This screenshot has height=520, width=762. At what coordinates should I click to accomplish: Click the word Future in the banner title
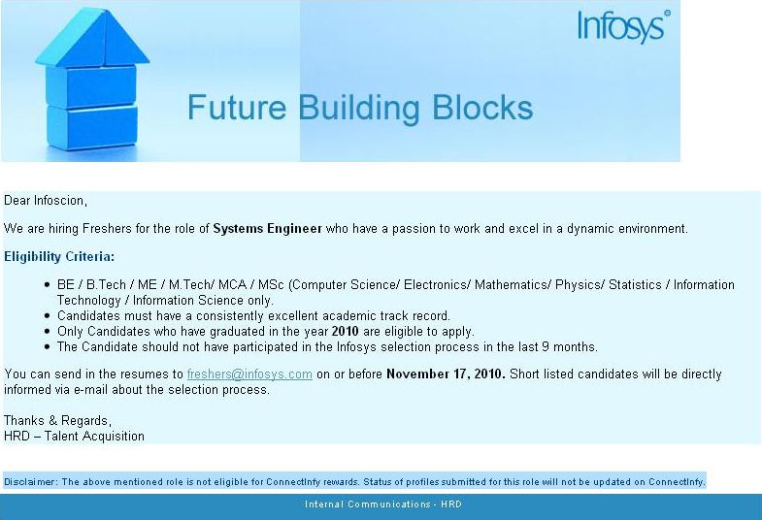(237, 108)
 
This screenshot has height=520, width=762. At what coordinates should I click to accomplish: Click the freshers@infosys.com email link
(249, 374)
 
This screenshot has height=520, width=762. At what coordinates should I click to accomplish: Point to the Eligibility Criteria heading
(59, 257)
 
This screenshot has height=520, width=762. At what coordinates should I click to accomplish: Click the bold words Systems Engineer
(267, 229)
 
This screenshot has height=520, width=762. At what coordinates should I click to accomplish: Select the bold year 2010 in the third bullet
(345, 332)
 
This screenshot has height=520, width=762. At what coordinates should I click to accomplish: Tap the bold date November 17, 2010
(446, 374)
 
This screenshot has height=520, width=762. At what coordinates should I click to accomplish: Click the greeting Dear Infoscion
(46, 201)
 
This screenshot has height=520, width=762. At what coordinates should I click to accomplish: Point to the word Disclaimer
(30, 482)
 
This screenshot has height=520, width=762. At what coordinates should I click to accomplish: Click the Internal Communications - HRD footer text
(383, 504)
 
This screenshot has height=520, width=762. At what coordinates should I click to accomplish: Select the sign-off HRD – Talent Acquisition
(74, 436)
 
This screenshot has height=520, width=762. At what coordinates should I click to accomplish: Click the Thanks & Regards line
(57, 420)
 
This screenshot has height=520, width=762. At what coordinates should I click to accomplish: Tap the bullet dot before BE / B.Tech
(47, 285)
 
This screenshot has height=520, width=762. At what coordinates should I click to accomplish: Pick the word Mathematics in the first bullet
(513, 285)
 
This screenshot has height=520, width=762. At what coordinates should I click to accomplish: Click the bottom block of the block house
(92, 128)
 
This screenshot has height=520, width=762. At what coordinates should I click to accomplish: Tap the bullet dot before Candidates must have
(47, 316)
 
